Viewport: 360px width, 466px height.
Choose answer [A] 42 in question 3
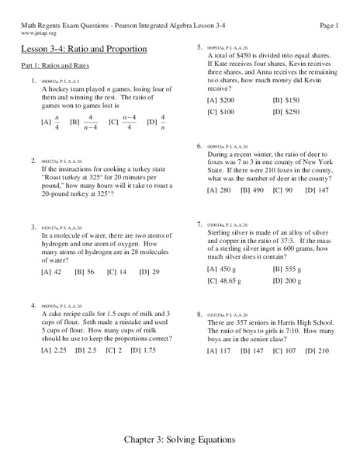51,271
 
